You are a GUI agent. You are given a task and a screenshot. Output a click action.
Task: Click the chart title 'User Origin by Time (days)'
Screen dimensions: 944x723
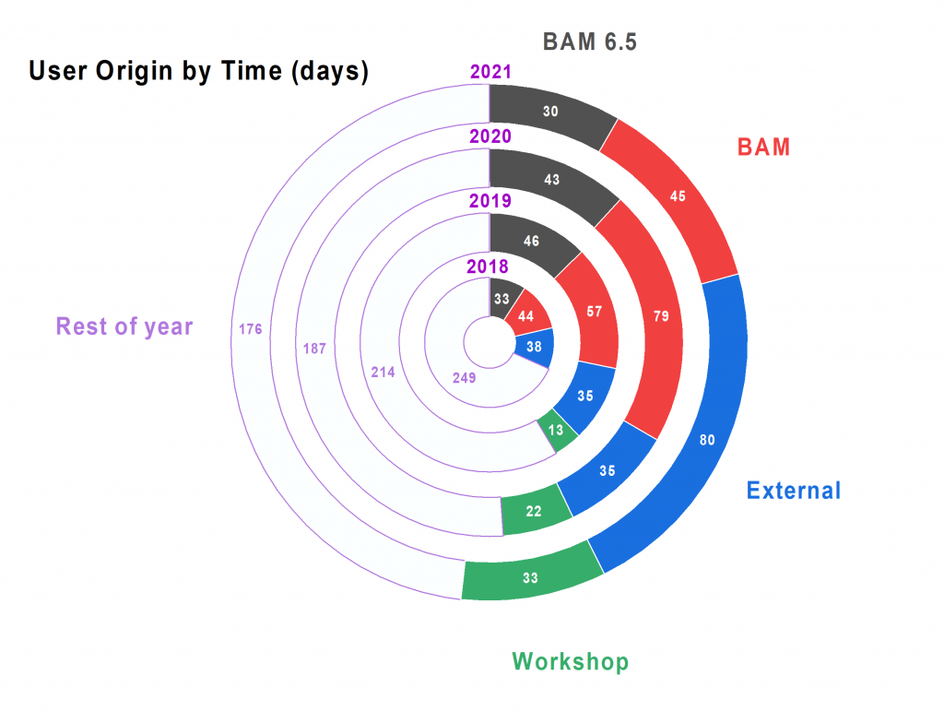click(199, 71)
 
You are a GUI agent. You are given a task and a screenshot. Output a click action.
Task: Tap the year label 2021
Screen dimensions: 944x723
click(490, 72)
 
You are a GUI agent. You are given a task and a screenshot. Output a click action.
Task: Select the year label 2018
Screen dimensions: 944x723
click(488, 267)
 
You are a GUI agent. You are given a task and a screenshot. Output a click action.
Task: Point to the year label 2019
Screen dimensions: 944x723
click(490, 201)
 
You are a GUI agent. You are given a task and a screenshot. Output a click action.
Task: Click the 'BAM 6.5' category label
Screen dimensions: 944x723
click(589, 41)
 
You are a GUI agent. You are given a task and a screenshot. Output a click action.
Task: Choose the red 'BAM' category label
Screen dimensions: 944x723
click(763, 147)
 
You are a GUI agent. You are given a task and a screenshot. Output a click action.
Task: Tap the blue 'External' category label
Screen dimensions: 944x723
click(794, 491)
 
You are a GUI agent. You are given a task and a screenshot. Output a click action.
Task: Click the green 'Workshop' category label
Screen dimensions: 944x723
click(570, 661)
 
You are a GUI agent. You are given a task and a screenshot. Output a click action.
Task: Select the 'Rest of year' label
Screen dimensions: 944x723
click(124, 326)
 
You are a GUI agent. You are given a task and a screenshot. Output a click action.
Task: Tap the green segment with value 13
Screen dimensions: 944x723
click(556, 430)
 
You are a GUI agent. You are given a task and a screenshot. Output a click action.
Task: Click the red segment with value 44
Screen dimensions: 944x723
click(526, 315)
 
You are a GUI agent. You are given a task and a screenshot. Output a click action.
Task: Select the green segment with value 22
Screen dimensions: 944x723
click(534, 511)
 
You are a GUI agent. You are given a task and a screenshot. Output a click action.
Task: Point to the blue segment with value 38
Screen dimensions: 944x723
click(534, 347)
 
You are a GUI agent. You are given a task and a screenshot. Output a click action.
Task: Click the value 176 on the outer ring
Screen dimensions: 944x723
click(251, 329)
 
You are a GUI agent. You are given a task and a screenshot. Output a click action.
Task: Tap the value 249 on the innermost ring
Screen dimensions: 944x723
click(465, 378)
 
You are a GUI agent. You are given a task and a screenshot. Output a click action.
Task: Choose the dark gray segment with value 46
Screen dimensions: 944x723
click(531, 241)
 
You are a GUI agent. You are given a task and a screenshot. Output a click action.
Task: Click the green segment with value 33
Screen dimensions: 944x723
click(530, 578)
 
